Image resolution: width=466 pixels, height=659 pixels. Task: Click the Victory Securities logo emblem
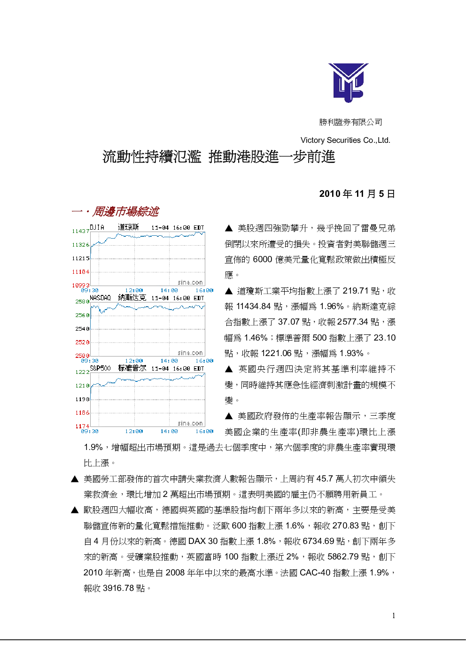tap(348, 83)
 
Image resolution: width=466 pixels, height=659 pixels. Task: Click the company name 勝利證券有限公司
tap(350, 122)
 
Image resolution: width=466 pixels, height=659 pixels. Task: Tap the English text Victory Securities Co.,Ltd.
tap(345, 140)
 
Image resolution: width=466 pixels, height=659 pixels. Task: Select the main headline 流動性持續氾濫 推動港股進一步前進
tap(218, 157)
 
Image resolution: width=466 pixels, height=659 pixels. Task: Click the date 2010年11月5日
tap(357, 194)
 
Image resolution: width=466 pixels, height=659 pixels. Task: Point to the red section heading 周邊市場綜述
tap(125, 211)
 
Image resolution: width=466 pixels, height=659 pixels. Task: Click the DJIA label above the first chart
tap(97, 227)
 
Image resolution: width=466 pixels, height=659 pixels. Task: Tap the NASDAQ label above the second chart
tap(100, 298)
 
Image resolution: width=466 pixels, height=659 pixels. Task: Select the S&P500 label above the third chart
tap(100, 368)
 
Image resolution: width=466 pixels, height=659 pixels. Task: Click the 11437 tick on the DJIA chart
tap(81, 231)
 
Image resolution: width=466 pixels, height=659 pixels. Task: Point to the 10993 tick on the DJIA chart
tap(81, 285)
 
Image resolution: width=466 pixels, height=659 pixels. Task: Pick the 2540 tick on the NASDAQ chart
tap(82, 329)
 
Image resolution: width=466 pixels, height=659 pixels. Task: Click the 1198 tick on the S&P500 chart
tap(82, 399)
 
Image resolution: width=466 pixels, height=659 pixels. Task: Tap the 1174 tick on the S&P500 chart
tap(82, 426)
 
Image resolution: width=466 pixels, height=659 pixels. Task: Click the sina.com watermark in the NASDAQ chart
tap(190, 353)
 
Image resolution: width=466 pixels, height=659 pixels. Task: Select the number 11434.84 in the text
tap(253, 306)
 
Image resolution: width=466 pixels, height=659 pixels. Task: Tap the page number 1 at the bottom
tap(394, 616)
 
